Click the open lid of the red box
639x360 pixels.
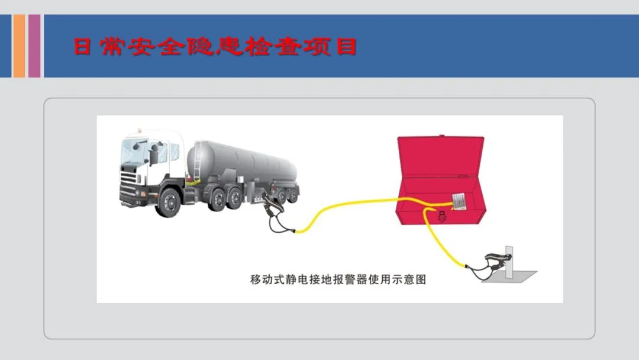tap(440, 156)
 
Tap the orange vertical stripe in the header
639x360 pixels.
tap(19, 46)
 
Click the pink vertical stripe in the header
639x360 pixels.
tap(34, 46)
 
